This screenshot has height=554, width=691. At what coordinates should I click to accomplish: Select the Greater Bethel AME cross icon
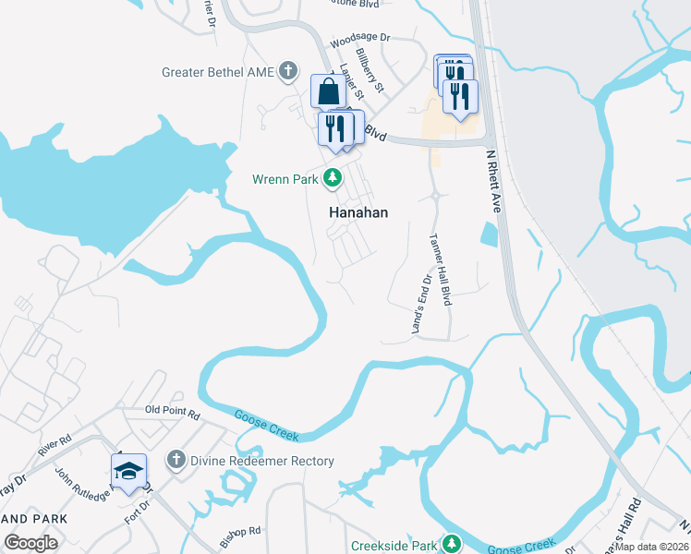pyautogui.click(x=288, y=70)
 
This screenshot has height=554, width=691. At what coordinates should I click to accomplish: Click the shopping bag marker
pyautogui.click(x=328, y=91)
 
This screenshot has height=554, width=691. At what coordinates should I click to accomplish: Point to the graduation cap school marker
pyautogui.click(x=129, y=471)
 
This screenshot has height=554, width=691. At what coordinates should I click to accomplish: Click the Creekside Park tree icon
pyautogui.click(x=451, y=543)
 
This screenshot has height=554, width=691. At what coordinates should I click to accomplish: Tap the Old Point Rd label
pyautogui.click(x=173, y=413)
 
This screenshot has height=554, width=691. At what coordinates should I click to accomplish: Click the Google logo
pyautogui.click(x=30, y=543)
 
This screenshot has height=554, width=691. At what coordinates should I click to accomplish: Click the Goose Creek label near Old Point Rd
pyautogui.click(x=267, y=424)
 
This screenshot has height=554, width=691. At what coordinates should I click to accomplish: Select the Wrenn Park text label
pyautogui.click(x=285, y=178)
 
